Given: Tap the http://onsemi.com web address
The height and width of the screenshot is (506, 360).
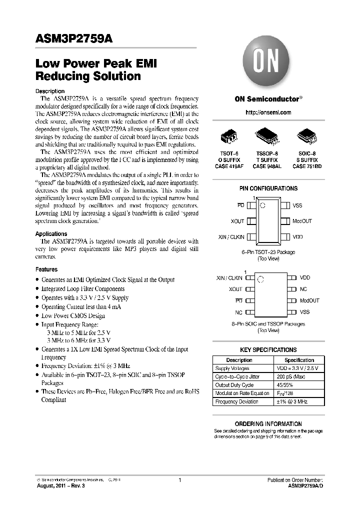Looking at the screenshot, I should (x=268, y=112).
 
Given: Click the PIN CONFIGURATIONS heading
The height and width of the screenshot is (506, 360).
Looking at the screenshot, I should (x=268, y=188).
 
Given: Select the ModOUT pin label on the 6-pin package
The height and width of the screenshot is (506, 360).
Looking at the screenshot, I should (x=302, y=221).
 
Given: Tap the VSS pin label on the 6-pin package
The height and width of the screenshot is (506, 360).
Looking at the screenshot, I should (x=297, y=205).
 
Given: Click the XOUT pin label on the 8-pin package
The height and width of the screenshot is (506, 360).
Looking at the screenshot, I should (x=235, y=289).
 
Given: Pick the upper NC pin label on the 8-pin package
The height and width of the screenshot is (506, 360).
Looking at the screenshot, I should (x=303, y=289).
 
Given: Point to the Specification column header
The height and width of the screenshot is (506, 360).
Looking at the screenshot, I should (x=299, y=360).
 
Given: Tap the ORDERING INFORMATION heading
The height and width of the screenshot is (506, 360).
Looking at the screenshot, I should (x=268, y=423).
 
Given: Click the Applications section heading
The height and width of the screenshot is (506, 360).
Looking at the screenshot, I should (x=51, y=233).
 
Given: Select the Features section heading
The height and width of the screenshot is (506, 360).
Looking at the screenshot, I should (x=46, y=269).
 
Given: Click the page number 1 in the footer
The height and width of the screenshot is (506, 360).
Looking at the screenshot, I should (x=179, y=480).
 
